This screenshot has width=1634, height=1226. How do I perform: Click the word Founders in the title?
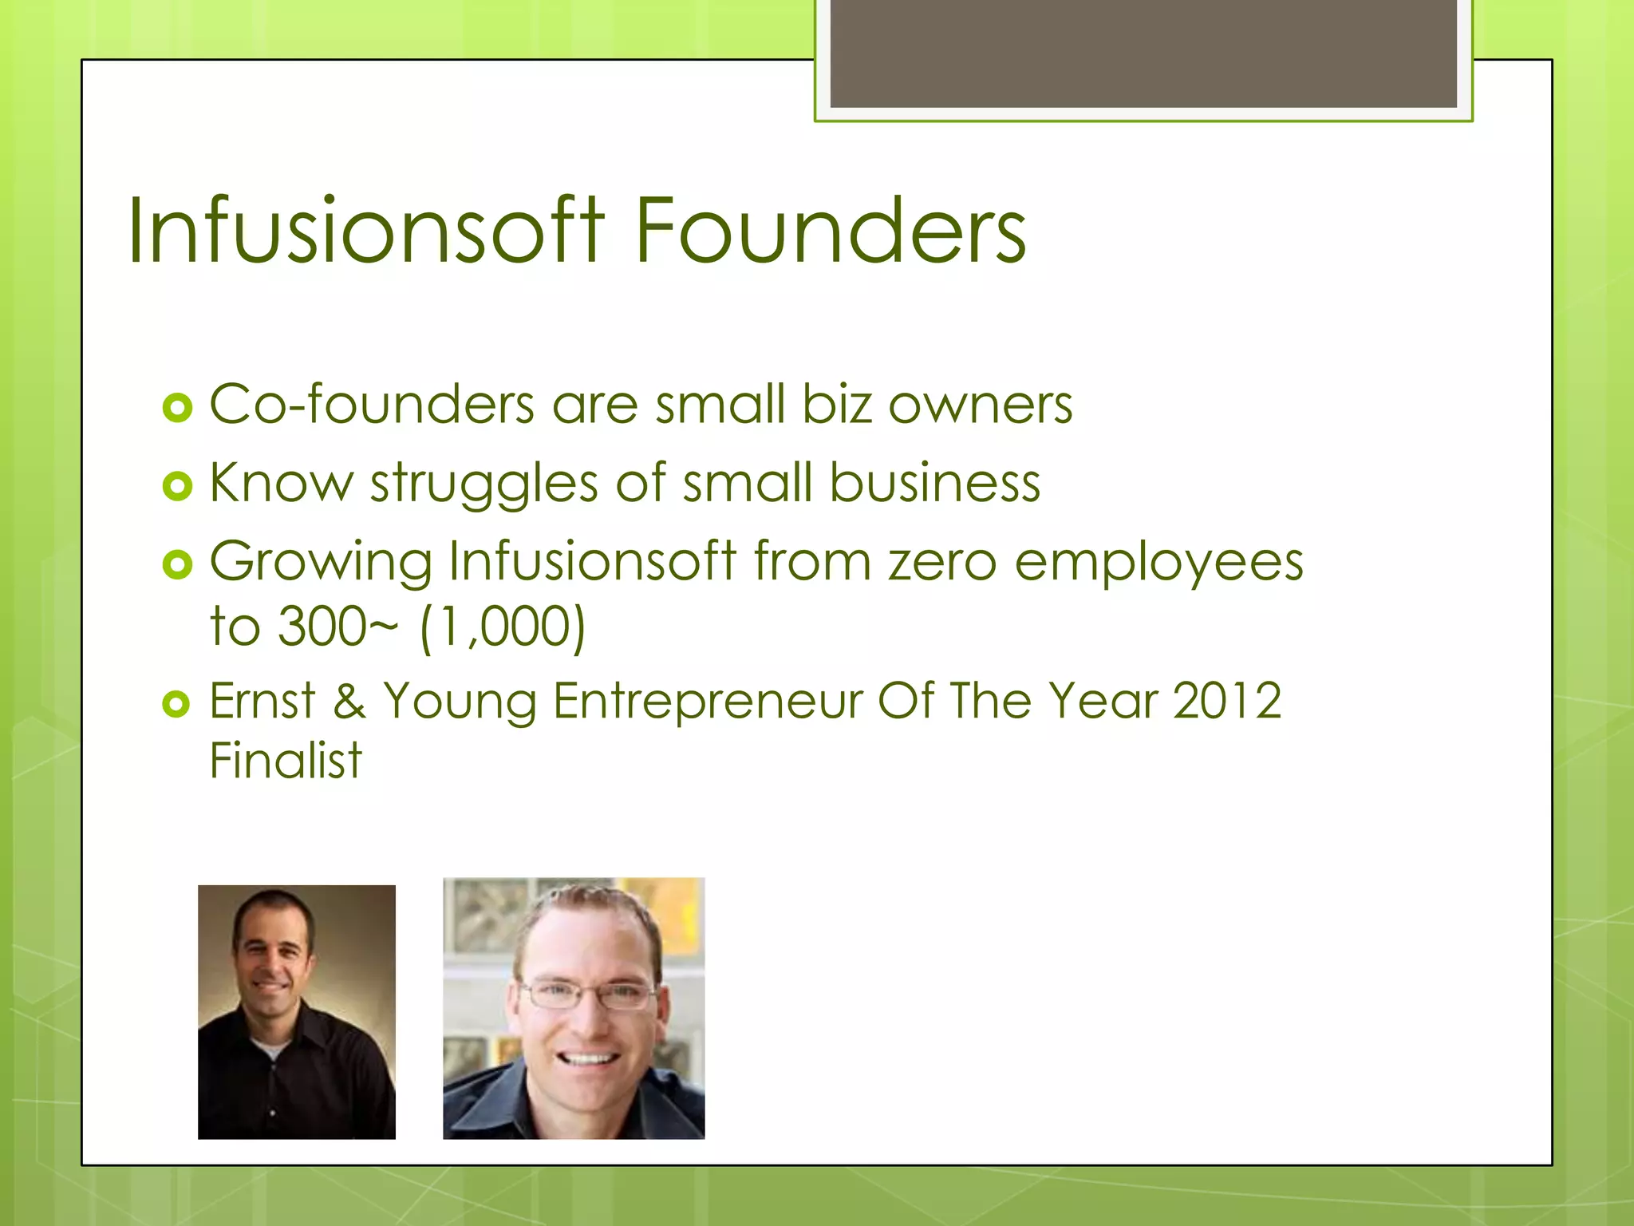click(830, 231)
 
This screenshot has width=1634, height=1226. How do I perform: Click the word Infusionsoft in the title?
click(365, 231)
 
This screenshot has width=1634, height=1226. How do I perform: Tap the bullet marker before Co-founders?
click(177, 409)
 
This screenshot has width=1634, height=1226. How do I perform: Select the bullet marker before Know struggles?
click(177, 486)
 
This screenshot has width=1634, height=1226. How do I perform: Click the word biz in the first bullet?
click(837, 404)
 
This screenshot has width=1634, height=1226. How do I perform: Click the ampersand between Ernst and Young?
click(349, 701)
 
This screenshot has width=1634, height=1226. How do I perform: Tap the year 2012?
click(1226, 701)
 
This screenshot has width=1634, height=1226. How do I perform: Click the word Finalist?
click(285, 760)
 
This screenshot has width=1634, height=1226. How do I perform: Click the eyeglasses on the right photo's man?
click(588, 995)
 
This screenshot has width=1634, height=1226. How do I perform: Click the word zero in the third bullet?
click(942, 562)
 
